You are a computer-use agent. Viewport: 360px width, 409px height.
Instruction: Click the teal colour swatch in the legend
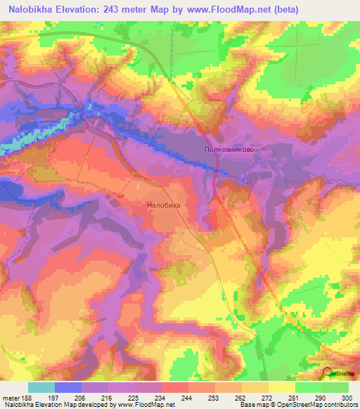click(41, 387)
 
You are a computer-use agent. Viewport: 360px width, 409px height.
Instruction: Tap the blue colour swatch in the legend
click(68, 387)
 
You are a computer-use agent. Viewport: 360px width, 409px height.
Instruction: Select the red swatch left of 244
click(175, 387)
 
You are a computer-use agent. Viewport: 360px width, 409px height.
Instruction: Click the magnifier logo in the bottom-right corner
click(328, 372)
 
